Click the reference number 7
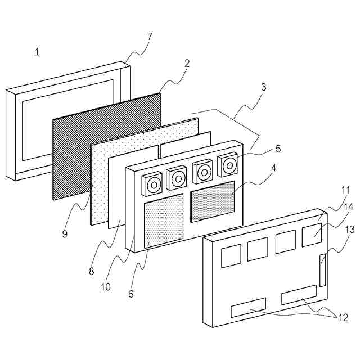pyautogui.click(x=150, y=37)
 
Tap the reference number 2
pyautogui.click(x=187, y=64)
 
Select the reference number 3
pyautogui.click(x=263, y=87)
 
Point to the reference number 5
pyautogui.click(x=278, y=149)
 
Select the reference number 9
pyautogui.click(x=65, y=234)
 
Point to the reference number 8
pyautogui.click(x=92, y=272)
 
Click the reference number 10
pyautogui.click(x=106, y=287)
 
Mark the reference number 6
pyautogui.click(x=130, y=293)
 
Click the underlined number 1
pyautogui.click(x=37, y=53)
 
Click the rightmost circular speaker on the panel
pyautogui.click(x=229, y=165)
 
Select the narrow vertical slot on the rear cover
pyautogui.click(x=322, y=269)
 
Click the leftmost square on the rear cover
pyautogui.click(x=231, y=255)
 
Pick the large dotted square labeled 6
pyautogui.click(x=164, y=220)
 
